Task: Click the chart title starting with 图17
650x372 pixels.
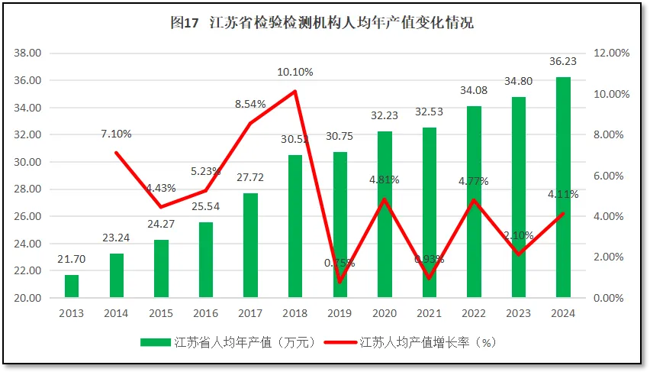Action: tap(321, 23)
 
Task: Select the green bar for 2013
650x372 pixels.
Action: tap(71, 286)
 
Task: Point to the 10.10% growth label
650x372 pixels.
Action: tap(294, 72)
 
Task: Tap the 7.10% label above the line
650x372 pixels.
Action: tap(116, 134)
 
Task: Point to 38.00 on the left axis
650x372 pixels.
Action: tap(28, 53)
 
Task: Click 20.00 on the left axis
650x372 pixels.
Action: tap(28, 298)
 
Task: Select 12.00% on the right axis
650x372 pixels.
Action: tap(611, 53)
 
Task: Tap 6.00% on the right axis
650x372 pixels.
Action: tap(611, 176)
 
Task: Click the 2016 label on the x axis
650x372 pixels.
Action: tap(205, 313)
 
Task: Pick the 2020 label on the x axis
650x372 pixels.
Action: tap(385, 313)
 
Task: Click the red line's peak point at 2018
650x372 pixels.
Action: tap(294, 92)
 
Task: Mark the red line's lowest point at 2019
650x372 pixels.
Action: tap(339, 282)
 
